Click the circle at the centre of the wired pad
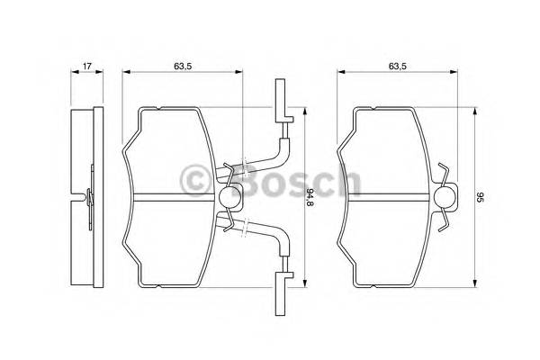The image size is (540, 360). (229, 198)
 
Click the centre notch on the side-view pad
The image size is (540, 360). (84, 198)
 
